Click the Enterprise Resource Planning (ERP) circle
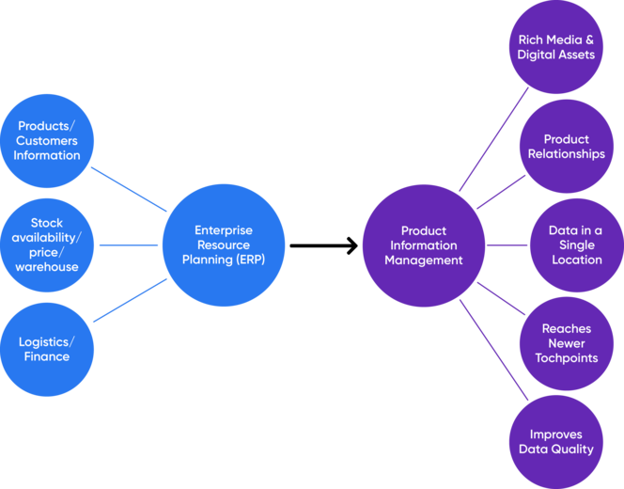(x=224, y=244)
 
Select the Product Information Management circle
(x=423, y=244)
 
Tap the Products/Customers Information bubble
(x=47, y=140)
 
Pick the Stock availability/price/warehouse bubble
(x=47, y=244)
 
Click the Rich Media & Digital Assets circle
(x=555, y=47)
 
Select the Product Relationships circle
(x=566, y=146)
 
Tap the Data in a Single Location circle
(x=576, y=244)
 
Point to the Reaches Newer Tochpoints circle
(x=566, y=343)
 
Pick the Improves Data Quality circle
(x=555, y=442)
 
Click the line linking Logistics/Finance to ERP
(x=130, y=301)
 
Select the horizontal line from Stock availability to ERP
(x=128, y=244)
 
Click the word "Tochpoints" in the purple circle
(x=566, y=358)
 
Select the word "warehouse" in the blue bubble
(x=47, y=267)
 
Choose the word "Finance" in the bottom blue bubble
(x=47, y=356)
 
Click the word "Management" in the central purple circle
(x=423, y=260)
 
